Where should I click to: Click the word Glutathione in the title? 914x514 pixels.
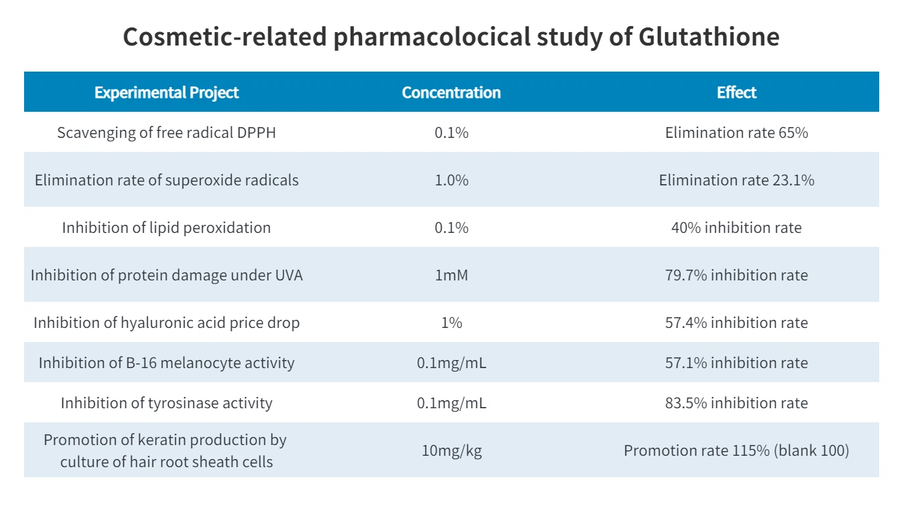click(x=709, y=37)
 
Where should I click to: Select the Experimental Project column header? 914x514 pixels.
click(x=167, y=92)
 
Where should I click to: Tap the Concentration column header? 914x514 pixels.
click(x=451, y=92)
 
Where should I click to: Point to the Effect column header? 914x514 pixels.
click(x=736, y=92)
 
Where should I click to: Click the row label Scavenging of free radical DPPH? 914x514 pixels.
click(x=167, y=133)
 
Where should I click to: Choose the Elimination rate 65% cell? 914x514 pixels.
click(x=736, y=133)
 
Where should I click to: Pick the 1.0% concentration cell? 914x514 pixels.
click(x=451, y=180)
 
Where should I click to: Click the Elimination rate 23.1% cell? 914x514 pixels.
click(x=736, y=180)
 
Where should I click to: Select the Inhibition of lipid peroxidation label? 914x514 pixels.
click(x=167, y=228)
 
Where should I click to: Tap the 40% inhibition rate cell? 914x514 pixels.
click(x=736, y=228)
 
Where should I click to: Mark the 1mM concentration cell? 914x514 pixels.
click(x=451, y=275)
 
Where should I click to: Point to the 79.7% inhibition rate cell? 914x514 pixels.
click(x=736, y=275)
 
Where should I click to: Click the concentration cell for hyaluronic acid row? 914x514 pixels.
click(x=451, y=323)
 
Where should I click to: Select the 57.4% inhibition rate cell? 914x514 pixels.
click(x=736, y=323)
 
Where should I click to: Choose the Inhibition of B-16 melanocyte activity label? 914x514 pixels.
click(x=167, y=363)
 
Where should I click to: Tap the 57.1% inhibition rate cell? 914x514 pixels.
click(x=736, y=363)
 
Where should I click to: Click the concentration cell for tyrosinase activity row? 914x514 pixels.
click(x=451, y=403)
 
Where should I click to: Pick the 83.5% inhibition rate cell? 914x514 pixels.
click(x=736, y=403)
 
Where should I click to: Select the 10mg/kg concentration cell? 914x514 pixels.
click(x=451, y=450)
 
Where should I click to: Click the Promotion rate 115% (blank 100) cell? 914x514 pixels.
click(x=736, y=450)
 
